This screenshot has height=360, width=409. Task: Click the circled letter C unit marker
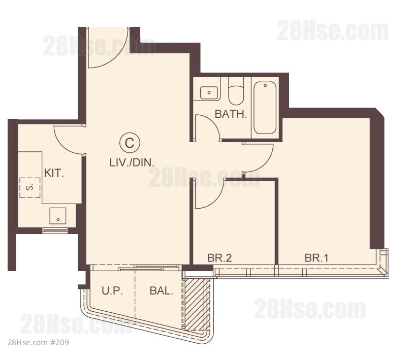click(130, 143)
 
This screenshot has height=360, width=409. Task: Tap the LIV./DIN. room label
click(132, 162)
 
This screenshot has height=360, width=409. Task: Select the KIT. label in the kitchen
click(54, 173)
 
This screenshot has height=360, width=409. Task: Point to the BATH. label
click(231, 114)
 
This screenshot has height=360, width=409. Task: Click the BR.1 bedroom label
click(317, 258)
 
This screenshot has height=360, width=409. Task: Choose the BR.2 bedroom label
click(219, 258)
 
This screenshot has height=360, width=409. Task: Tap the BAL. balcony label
click(161, 290)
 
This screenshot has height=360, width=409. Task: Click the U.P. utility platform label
click(112, 290)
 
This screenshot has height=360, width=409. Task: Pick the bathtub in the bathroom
click(265, 108)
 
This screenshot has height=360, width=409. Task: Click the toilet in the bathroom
click(236, 91)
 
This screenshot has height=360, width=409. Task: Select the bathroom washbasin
click(209, 93)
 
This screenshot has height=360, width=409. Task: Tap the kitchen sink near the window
click(58, 216)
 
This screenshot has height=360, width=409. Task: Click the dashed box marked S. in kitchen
click(30, 188)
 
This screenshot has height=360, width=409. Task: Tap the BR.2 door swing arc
click(216, 199)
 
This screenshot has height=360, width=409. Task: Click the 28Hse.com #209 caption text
click(38, 342)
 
